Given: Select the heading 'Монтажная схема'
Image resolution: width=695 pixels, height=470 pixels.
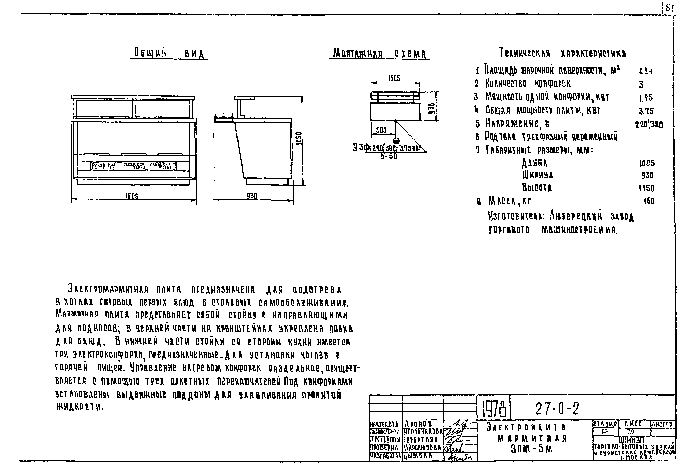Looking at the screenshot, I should pyautogui.click(x=379, y=54).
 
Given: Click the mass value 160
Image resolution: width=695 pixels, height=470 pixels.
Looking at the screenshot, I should pyautogui.click(x=649, y=201).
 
